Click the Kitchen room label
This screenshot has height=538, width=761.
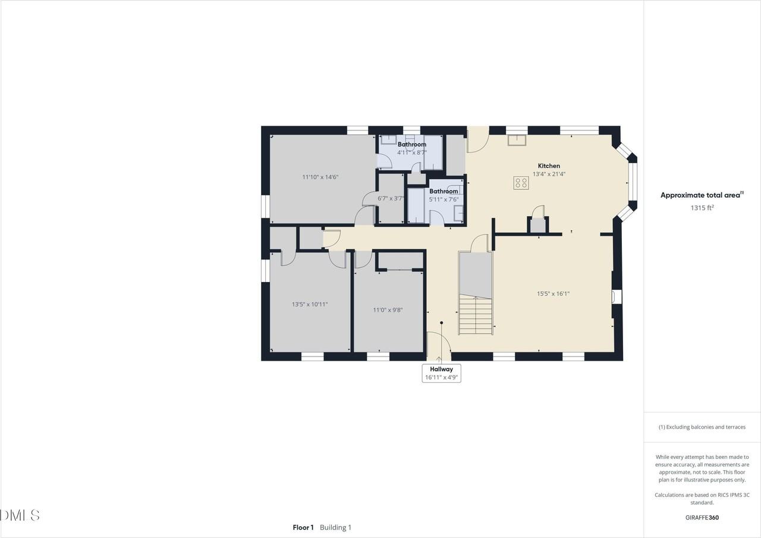tap(549, 166)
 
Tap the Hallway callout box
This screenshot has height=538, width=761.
tap(441, 373)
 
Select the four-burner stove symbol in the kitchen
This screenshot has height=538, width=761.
tap(521, 183)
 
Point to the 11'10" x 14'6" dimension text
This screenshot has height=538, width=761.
tap(320, 177)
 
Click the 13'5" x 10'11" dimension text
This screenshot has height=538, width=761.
tap(310, 304)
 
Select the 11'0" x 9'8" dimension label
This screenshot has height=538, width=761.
tap(388, 310)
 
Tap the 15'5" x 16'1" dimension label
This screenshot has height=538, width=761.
tap(553, 293)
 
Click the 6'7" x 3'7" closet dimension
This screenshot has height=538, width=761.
tap(391, 198)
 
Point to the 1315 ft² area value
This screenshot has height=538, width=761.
tap(702, 208)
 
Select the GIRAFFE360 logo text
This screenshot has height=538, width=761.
tap(702, 518)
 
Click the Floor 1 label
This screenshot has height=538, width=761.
tap(303, 527)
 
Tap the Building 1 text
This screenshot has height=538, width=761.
tap(335, 527)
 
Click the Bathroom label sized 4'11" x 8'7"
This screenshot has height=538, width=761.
tap(412, 145)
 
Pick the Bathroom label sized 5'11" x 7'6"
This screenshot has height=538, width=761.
tap(444, 192)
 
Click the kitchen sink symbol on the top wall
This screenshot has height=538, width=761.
tap(517, 140)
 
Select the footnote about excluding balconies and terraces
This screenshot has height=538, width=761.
tap(702, 427)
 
